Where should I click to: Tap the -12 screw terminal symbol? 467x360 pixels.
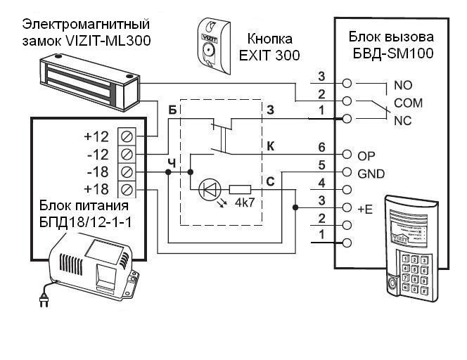point(127,153)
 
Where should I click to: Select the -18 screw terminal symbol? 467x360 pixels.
point(127,171)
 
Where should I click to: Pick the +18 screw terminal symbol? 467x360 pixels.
point(127,189)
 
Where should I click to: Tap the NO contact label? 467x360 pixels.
point(403,85)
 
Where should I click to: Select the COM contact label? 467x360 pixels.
point(408,103)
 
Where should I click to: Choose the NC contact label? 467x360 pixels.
point(403,120)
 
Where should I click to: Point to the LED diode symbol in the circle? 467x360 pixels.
point(210,188)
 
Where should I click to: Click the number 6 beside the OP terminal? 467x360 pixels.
point(321,147)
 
